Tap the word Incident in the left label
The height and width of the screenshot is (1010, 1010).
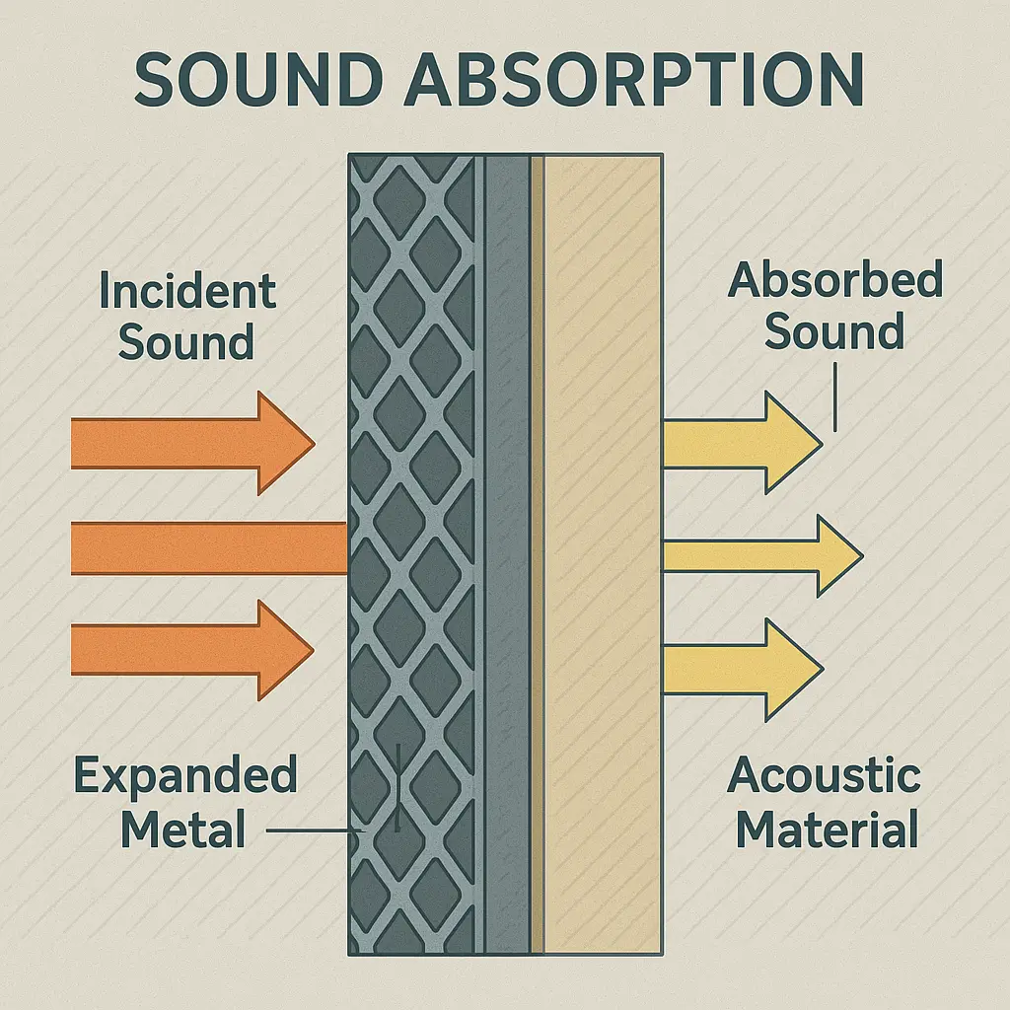pyautogui.click(x=187, y=292)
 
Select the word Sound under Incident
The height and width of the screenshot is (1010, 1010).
pyautogui.click(x=186, y=342)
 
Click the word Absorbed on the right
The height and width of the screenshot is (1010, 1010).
pyautogui.click(x=834, y=282)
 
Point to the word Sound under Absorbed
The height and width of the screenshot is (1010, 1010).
pyautogui.click(x=834, y=332)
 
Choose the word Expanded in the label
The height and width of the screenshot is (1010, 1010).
pyautogui.click(x=185, y=776)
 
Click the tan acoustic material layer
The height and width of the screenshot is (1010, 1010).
pyautogui.click(x=602, y=552)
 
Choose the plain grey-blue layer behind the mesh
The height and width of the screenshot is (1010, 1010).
pyautogui.click(x=507, y=552)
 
